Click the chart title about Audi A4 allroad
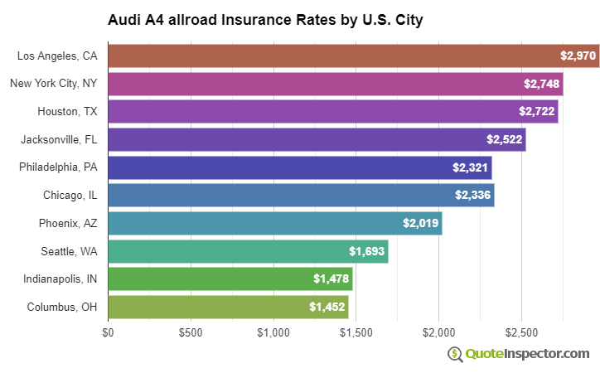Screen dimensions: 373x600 (x=265, y=19)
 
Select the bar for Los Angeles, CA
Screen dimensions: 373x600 (x=331, y=56)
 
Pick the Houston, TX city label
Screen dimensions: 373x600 (x=67, y=112)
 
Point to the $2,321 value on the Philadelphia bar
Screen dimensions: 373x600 (x=470, y=167)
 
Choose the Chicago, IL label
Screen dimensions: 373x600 (x=70, y=196)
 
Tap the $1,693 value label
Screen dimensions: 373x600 (x=366, y=251)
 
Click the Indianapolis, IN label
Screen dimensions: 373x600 (x=60, y=279)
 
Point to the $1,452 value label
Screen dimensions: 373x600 (x=327, y=307)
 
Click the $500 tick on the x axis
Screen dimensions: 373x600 (x=191, y=332)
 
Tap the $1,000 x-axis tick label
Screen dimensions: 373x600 (x=273, y=332)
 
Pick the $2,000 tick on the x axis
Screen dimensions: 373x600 (x=438, y=332)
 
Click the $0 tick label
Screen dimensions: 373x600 (x=108, y=332)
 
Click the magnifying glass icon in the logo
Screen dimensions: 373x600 (x=455, y=354)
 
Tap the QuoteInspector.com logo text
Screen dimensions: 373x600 (x=527, y=354)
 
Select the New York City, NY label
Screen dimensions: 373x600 (x=54, y=84)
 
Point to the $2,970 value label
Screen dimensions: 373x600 (x=577, y=56)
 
